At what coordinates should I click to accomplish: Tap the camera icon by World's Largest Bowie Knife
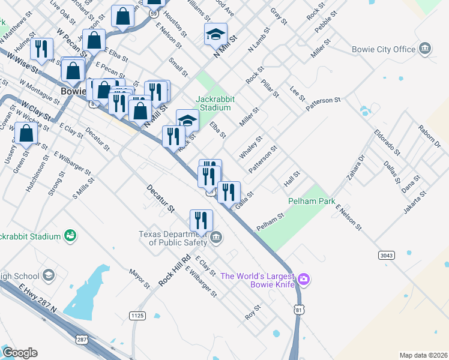click(x=304, y=278)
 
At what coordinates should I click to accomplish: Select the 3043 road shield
click(x=387, y=256)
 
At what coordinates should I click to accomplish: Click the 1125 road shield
click(x=137, y=315)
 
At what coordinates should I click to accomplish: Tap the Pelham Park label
click(x=312, y=202)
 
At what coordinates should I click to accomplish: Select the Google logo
click(x=19, y=353)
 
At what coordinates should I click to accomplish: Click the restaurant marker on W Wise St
click(x=41, y=49)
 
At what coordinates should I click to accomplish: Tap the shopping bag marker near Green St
click(x=26, y=134)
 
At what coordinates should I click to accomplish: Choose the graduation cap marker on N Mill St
click(x=216, y=34)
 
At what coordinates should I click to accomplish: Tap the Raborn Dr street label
click(x=429, y=137)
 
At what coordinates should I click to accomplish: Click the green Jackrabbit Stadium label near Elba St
click(x=213, y=103)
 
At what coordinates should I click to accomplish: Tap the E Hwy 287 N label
click(x=37, y=300)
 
